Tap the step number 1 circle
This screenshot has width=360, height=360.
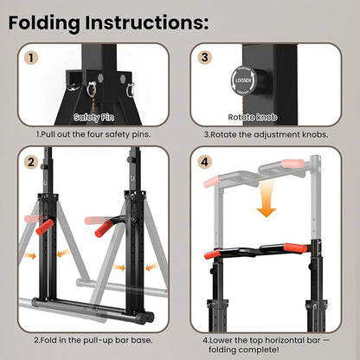point(32,59)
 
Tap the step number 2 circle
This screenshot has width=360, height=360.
point(32,161)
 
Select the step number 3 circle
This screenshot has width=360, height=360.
point(204,59)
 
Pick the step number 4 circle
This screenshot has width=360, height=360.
point(204,161)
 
